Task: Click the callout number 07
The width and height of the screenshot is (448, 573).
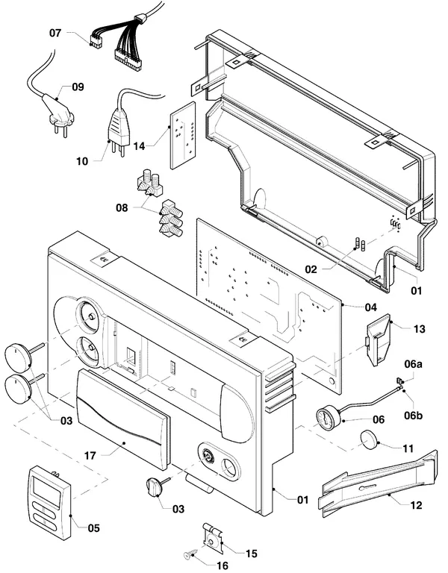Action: (x=55, y=33)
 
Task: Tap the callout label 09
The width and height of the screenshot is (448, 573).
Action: (x=78, y=87)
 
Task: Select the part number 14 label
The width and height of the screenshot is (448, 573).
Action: (x=139, y=146)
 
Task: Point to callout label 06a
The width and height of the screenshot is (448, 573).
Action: (x=413, y=364)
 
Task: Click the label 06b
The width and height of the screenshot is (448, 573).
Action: (x=414, y=416)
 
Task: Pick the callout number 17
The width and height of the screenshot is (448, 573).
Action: (x=90, y=456)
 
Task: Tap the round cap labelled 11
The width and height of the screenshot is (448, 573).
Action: (x=369, y=439)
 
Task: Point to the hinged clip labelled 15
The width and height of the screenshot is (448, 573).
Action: (x=213, y=538)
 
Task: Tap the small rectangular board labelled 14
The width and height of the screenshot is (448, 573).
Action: (x=183, y=135)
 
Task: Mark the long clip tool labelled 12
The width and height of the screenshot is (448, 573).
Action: (x=379, y=483)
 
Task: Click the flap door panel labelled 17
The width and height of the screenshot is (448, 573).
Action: (x=123, y=419)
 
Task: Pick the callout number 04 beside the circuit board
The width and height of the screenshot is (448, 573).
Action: (x=371, y=307)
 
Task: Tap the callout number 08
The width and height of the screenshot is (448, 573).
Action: (x=122, y=208)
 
